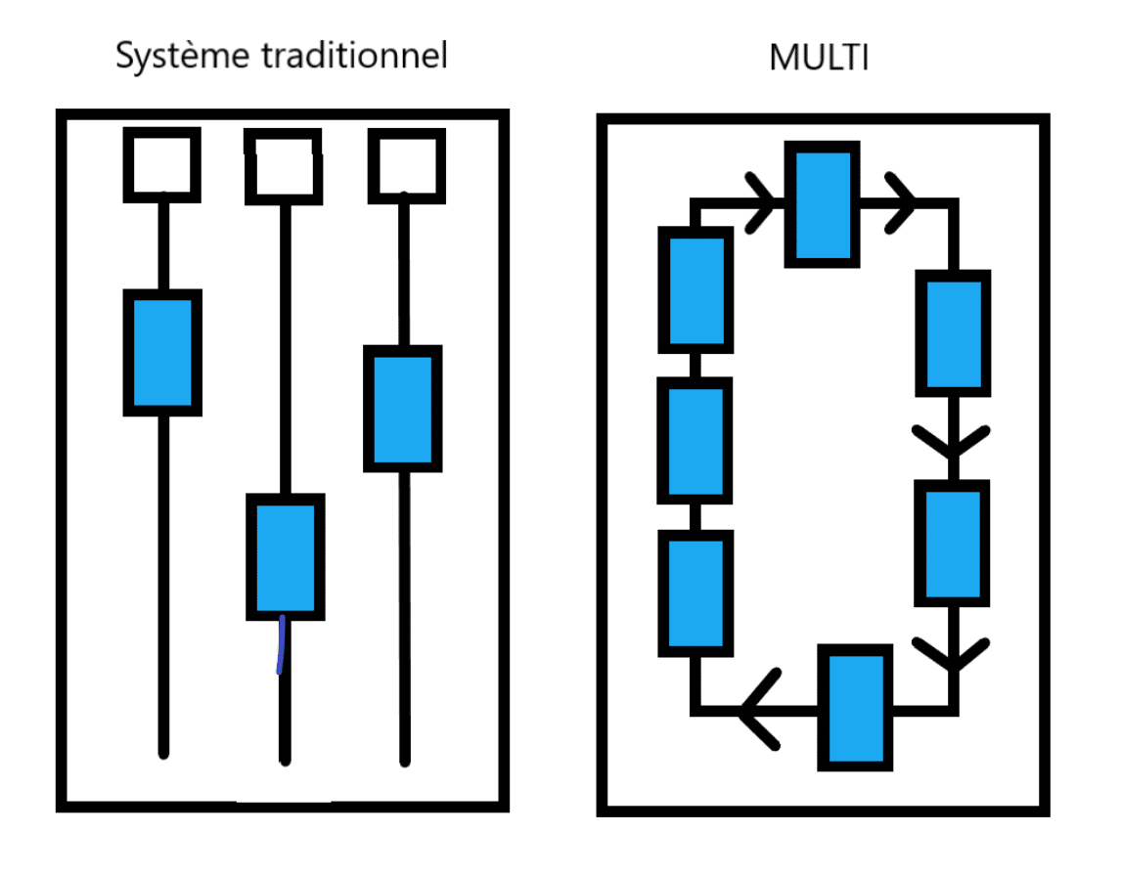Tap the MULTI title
point(820,58)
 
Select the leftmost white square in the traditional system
point(161,164)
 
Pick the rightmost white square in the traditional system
point(404,164)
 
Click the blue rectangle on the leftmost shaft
point(162,353)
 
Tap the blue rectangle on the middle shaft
point(284,556)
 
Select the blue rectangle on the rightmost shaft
point(402,409)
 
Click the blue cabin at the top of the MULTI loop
point(823,204)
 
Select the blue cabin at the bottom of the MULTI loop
point(856,708)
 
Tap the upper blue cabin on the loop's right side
point(952,332)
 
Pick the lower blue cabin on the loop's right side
point(952,543)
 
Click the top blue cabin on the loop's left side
point(695,289)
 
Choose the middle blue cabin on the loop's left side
point(695,440)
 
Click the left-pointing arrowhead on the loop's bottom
point(760,708)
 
